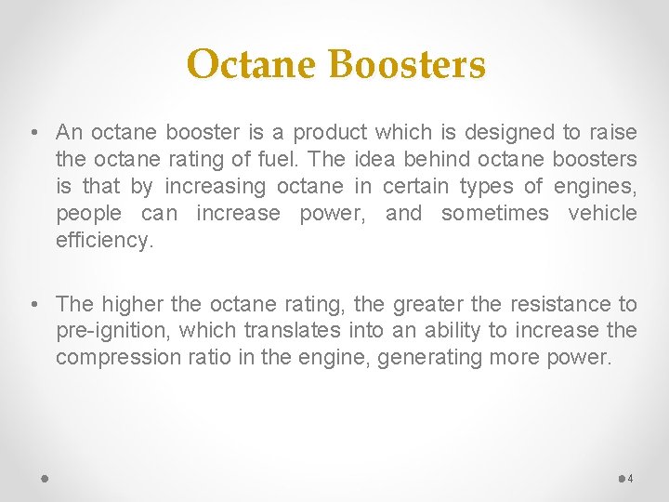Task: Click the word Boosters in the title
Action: pyautogui.click(x=406, y=65)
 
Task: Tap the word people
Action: pyautogui.click(x=88, y=214)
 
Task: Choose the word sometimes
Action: pyautogui.click(x=495, y=214)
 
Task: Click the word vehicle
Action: pyautogui.click(x=602, y=214)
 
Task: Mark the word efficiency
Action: pyautogui.click(x=103, y=241)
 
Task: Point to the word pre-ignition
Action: pyautogui.click(x=112, y=331)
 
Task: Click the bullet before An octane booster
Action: pyautogui.click(x=33, y=133)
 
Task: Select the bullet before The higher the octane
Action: pyautogui.click(x=33, y=304)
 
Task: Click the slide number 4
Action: pyautogui.click(x=631, y=479)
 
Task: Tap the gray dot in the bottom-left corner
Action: pyautogui.click(x=45, y=479)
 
